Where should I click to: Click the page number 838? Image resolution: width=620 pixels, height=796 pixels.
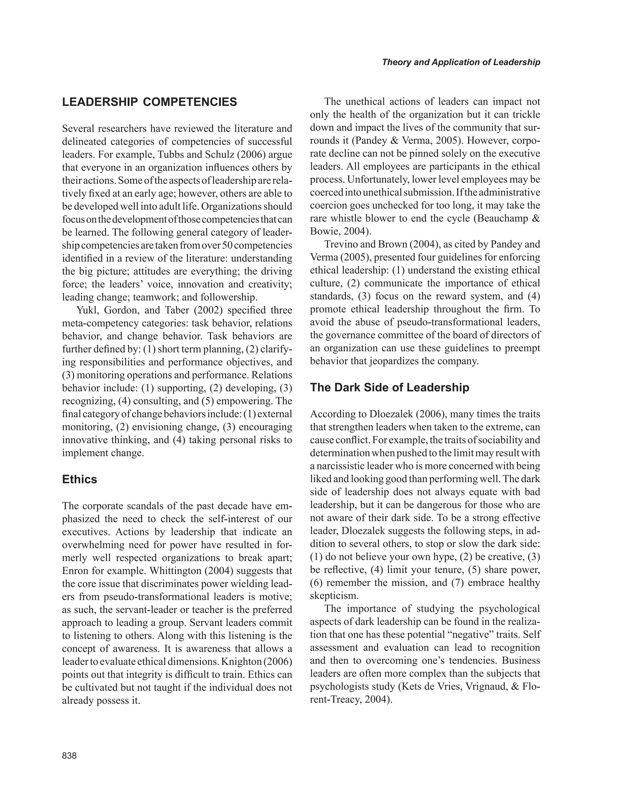[69, 755]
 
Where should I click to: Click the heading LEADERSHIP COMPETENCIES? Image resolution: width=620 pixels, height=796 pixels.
[150, 102]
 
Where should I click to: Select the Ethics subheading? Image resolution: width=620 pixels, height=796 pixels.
[80, 479]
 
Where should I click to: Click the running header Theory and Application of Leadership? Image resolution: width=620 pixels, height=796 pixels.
[461, 62]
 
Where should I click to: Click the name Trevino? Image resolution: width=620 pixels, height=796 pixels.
[341, 245]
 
